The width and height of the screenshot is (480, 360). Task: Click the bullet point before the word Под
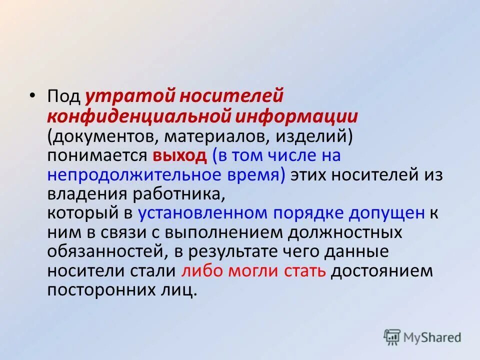[x=32, y=96]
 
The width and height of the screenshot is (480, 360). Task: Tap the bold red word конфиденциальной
[x=137, y=116]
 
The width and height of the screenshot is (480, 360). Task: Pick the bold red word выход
[x=179, y=155]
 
